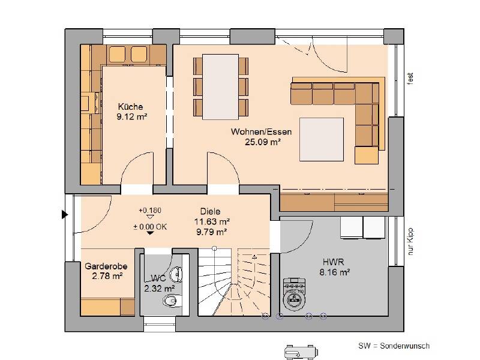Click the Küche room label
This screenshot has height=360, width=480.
pos(130,107)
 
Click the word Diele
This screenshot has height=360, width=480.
pos(211,211)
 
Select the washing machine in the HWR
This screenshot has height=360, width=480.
pos(295,293)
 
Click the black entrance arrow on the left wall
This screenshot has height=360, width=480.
pos(64,214)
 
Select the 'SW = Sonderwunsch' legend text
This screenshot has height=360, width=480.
pos(394,346)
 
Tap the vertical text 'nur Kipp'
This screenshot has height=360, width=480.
pos(411,239)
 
